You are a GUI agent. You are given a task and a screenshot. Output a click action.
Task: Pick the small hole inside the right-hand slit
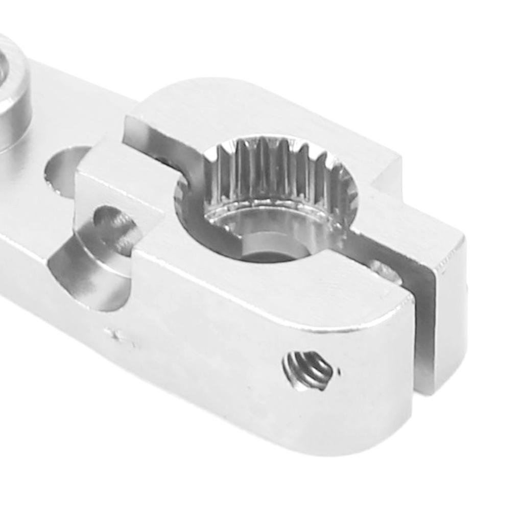(x=385, y=271)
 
